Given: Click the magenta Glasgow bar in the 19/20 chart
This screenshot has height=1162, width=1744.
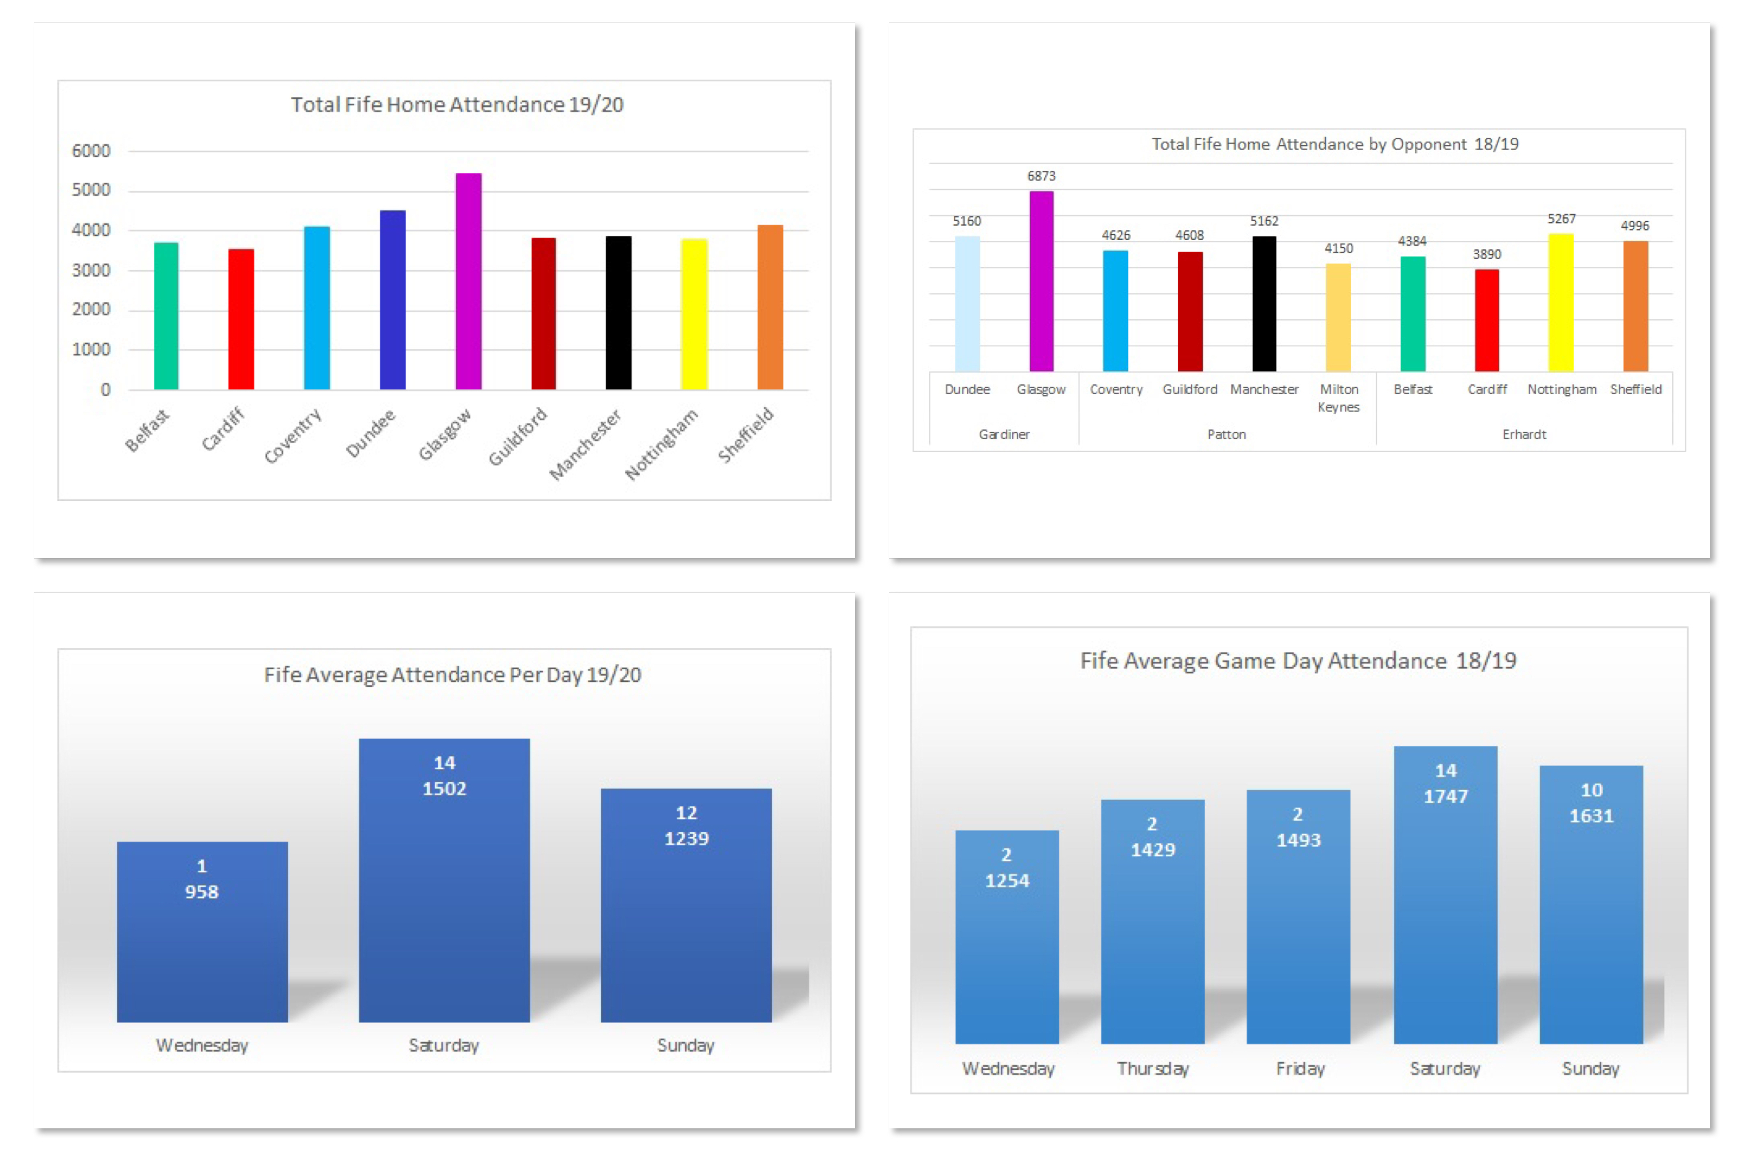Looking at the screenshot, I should click(x=468, y=282).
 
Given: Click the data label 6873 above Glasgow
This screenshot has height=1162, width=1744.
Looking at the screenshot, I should click(x=1040, y=176).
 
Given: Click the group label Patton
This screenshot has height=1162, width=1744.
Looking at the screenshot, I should click(x=1226, y=434).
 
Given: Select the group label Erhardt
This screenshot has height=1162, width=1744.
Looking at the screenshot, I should click(x=1523, y=434).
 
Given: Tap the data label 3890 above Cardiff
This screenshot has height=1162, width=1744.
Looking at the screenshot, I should click(x=1486, y=254).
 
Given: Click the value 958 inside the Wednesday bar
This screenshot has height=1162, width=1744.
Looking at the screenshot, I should click(x=201, y=892).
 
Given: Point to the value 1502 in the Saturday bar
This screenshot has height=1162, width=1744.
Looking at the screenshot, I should click(x=444, y=788).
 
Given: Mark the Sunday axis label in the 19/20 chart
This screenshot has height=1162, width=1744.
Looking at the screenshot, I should click(x=686, y=1045).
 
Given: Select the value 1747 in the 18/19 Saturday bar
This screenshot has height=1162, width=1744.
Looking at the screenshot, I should click(x=1445, y=796).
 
